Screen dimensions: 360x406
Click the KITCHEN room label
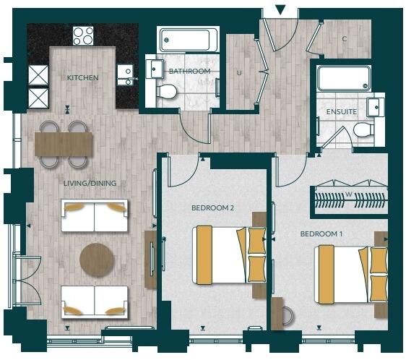coord(82,77)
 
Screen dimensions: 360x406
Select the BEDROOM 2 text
coord(212,208)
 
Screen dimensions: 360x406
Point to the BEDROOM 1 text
coord(321,234)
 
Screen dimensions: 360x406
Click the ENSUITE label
coord(342,112)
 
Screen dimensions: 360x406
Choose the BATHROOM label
coord(189,72)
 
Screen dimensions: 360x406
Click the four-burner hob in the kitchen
coord(83,35)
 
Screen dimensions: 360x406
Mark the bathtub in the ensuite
coord(345,78)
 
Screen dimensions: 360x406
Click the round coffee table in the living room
coord(97,260)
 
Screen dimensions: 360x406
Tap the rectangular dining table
coord(64,143)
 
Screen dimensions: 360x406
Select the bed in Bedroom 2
coord(228,254)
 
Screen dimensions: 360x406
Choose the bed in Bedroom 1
coord(351,275)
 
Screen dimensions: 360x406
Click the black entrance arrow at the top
coord(281,9)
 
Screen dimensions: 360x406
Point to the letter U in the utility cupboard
coord(239,72)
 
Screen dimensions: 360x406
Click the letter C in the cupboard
coord(345,39)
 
